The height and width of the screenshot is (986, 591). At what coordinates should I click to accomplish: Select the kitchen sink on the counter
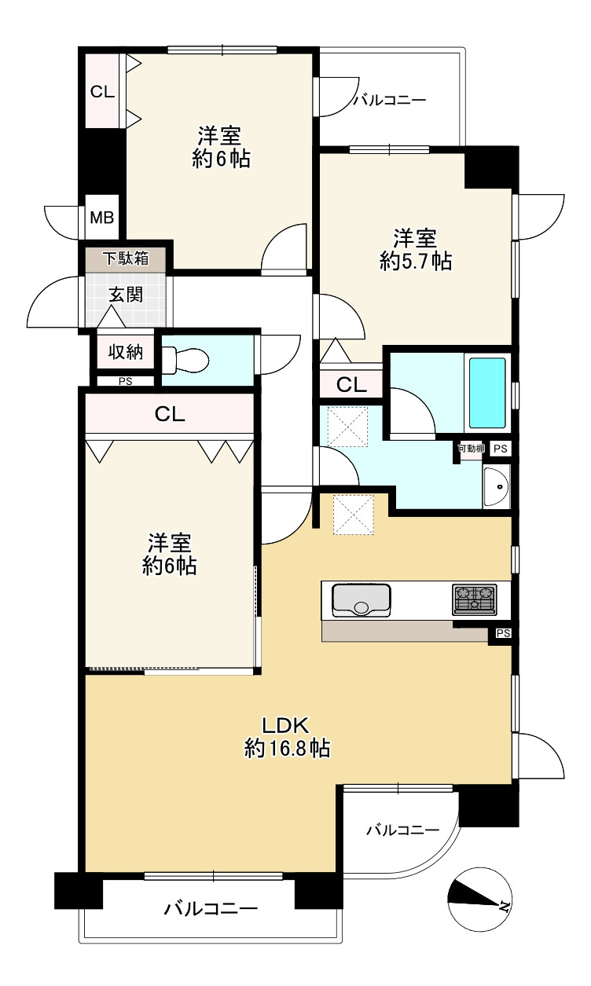click(x=362, y=600)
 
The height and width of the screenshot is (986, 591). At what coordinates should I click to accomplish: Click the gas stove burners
click(x=474, y=599)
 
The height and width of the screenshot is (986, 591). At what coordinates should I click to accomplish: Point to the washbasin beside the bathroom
click(x=495, y=488)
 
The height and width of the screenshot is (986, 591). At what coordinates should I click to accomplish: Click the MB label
click(x=101, y=218)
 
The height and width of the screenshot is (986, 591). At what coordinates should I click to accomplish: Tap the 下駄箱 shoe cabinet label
click(x=127, y=258)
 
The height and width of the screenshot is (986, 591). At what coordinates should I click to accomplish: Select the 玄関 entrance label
click(x=126, y=295)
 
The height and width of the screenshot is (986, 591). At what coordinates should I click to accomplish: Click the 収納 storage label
click(x=126, y=351)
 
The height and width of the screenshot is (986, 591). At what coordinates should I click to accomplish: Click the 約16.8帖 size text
click(x=287, y=749)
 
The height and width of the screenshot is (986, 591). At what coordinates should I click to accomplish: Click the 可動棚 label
click(x=472, y=449)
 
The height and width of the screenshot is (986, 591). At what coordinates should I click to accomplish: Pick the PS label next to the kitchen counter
click(x=503, y=633)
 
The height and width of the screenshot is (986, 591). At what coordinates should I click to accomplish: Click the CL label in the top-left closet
click(x=102, y=91)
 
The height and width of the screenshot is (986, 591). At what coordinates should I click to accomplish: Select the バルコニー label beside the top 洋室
click(x=389, y=100)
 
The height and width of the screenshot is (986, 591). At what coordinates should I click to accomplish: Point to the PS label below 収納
click(x=125, y=382)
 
